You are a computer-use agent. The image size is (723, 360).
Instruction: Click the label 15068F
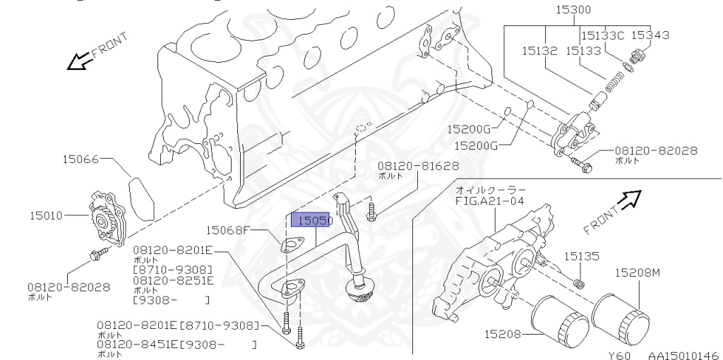(x=229, y=229)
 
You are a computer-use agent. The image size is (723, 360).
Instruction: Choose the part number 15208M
(x=637, y=272)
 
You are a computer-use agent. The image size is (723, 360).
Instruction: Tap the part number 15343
(x=650, y=35)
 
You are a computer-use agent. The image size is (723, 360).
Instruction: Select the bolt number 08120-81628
(x=418, y=166)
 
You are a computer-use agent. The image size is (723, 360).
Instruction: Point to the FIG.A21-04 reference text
(x=490, y=200)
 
